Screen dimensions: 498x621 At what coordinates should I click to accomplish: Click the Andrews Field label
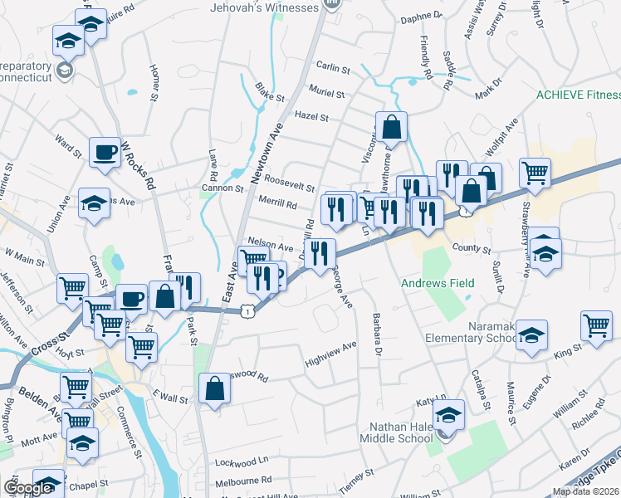438,284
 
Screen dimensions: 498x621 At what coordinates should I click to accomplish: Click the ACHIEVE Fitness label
578,95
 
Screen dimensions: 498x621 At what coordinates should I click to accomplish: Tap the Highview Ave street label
330,353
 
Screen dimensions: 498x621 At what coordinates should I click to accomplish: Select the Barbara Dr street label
377,334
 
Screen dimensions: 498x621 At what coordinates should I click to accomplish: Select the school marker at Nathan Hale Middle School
448,414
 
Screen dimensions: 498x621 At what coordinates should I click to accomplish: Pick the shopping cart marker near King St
597,325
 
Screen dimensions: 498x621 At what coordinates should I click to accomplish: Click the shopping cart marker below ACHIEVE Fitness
536,173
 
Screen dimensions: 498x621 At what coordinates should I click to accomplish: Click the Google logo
27,488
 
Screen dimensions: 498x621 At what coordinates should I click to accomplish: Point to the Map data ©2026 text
585,491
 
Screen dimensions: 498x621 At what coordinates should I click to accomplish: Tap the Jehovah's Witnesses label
265,7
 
